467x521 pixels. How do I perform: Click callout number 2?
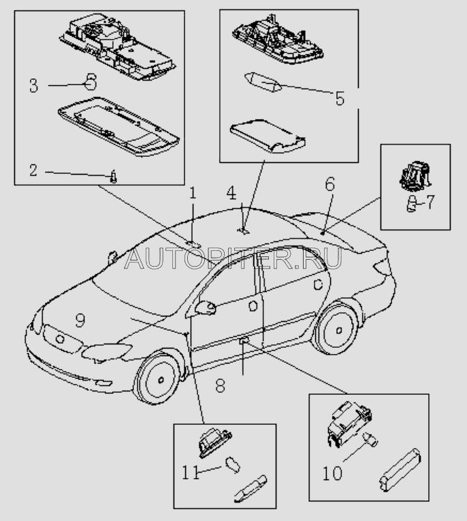33,170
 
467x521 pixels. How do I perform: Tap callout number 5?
339,98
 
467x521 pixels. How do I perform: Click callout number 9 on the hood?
80,320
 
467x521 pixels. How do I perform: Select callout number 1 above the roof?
192,194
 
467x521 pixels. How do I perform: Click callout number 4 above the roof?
232,193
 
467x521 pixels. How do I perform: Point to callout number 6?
329,183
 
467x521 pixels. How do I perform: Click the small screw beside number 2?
114,177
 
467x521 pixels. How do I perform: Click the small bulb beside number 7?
410,202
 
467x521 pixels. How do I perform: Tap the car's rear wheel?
338,329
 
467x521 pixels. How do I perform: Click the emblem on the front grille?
59,338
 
